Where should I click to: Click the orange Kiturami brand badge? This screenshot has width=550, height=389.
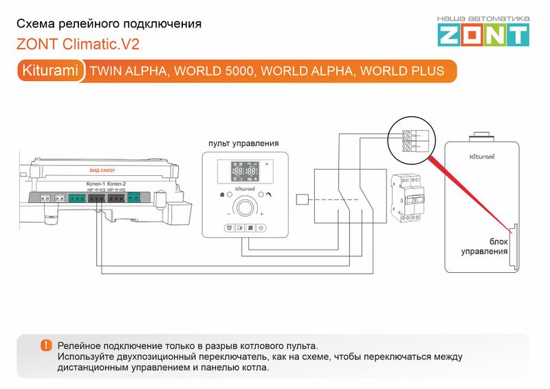[x=50, y=71]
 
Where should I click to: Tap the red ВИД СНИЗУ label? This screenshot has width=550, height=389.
[x=102, y=170]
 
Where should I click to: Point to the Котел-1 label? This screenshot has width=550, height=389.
[x=95, y=184]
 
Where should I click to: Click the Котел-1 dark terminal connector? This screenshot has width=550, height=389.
[x=96, y=198]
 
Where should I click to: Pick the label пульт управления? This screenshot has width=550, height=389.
[x=243, y=144]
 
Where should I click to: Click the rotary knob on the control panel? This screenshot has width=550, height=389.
[x=243, y=207]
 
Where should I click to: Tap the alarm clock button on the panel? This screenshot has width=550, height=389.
[x=228, y=227]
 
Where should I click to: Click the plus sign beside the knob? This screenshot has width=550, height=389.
[x=262, y=214]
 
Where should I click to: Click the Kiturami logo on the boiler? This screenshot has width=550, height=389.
[x=481, y=157]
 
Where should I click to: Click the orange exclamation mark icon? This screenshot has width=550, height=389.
[x=46, y=345]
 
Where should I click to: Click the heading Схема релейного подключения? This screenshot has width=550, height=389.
[x=109, y=24]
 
